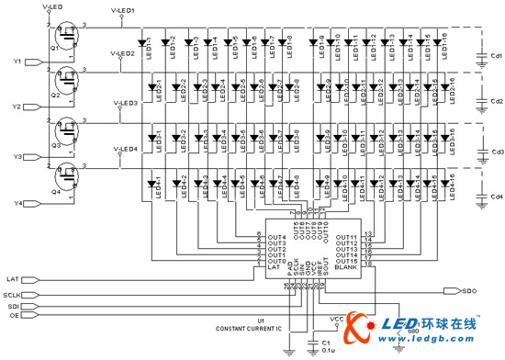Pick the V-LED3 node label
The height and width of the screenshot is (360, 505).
tap(125, 103)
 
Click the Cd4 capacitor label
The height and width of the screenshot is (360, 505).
tap(497, 197)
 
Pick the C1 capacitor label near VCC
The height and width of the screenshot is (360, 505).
tap(325, 341)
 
